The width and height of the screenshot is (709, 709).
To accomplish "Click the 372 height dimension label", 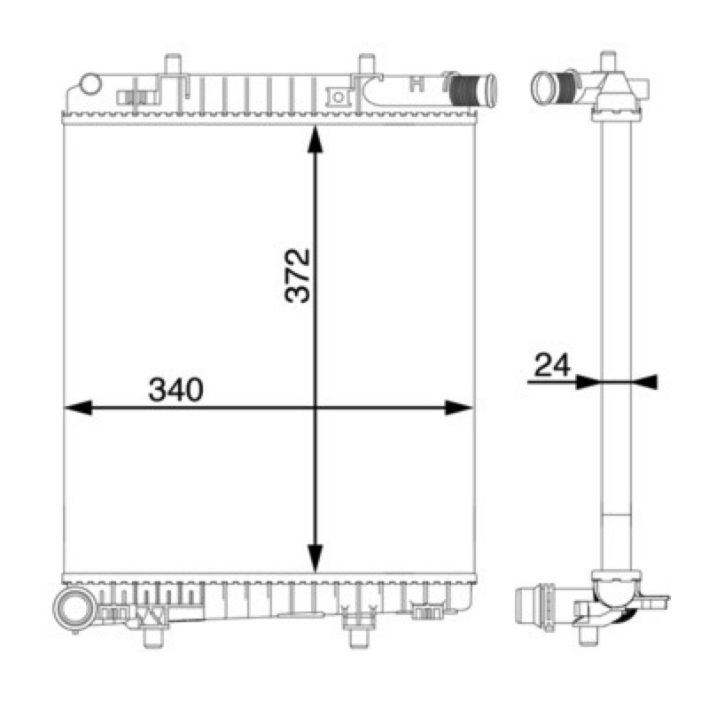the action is point(298,276).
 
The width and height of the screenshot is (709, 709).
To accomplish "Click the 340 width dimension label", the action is point(176,390).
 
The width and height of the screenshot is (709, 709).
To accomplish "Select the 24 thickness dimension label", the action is point(552,365).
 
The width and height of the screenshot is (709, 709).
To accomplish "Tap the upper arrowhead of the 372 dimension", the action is point(316,140).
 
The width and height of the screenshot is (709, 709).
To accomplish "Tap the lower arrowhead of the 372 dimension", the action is point(316,558).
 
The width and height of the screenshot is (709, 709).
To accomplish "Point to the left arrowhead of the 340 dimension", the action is point(78,408).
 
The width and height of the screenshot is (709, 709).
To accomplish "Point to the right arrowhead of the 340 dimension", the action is point(458,408).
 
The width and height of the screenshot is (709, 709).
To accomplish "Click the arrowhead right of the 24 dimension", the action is point(645,382).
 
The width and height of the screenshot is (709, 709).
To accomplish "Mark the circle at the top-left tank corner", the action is point(90,83).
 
